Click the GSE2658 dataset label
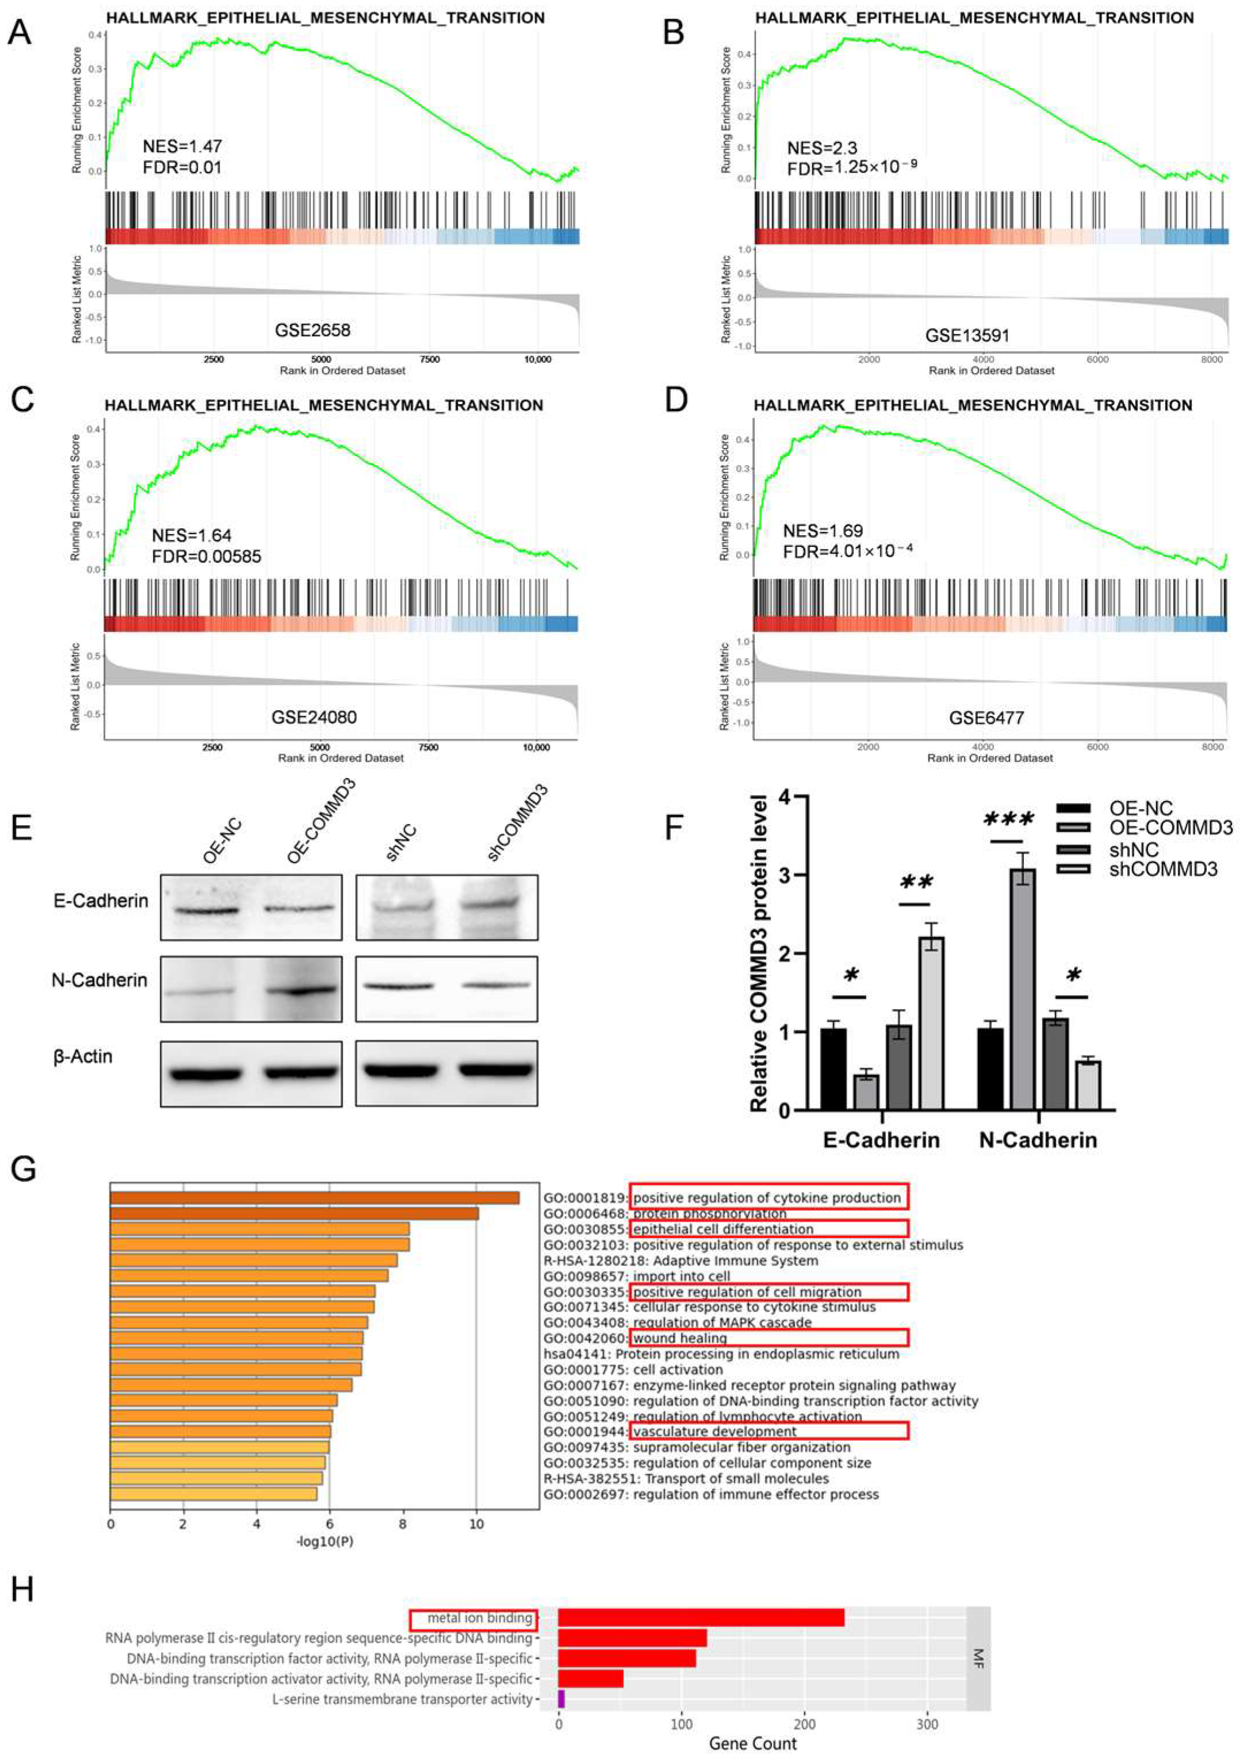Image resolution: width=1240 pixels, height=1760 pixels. (x=312, y=331)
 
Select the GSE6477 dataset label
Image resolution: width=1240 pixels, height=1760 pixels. (x=986, y=718)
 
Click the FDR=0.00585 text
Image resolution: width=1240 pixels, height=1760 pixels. (x=206, y=556)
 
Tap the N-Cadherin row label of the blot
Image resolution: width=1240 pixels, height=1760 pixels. (x=99, y=980)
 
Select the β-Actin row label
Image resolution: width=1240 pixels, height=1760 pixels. (x=83, y=1056)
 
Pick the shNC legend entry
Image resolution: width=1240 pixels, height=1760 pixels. (x=1132, y=849)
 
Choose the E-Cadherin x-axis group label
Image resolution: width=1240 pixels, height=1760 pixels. (x=881, y=1140)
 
